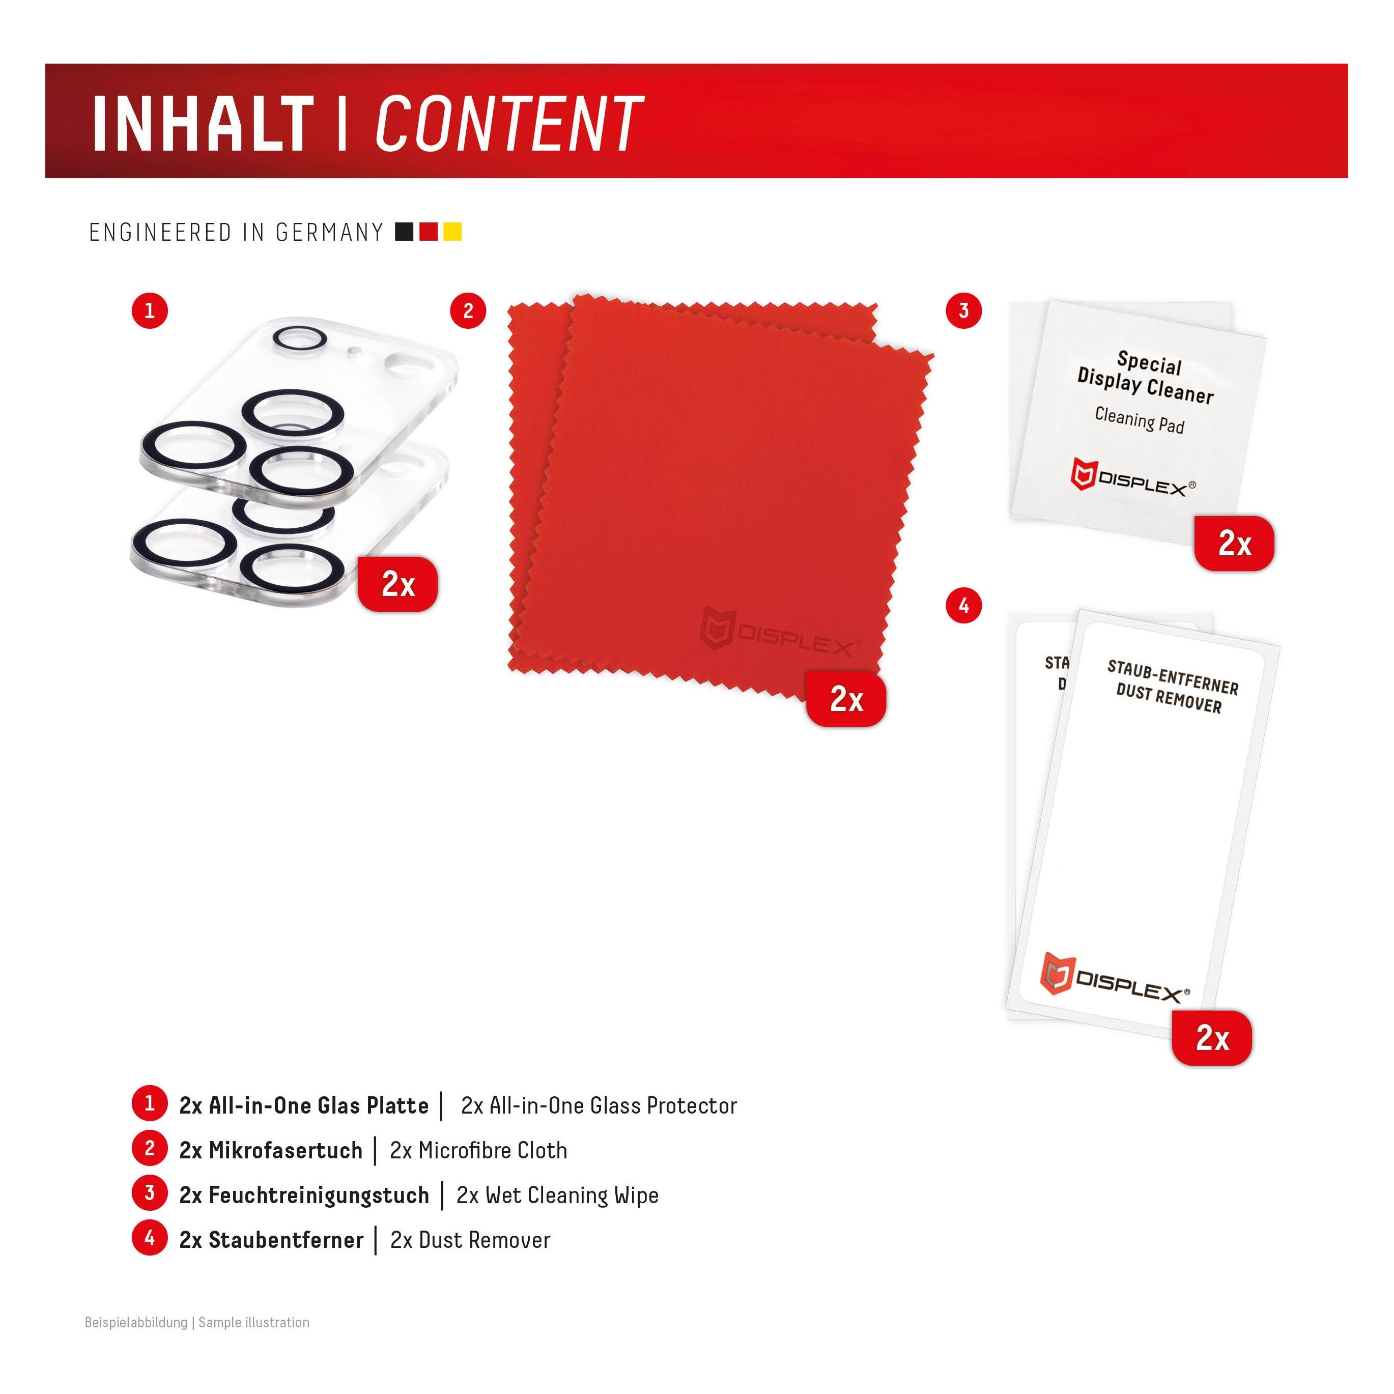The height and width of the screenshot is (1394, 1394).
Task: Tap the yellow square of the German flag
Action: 452,232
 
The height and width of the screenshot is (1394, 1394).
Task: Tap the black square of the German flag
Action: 405,232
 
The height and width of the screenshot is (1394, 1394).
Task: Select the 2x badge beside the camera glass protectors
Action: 397,584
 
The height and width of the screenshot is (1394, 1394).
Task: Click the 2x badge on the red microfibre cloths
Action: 846,698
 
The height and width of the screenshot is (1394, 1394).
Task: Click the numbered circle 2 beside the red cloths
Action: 468,311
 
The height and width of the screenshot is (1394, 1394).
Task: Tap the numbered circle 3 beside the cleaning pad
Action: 964,311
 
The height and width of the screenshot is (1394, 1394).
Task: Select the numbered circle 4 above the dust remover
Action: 964,605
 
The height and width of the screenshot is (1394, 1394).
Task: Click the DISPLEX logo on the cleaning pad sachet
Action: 1132,479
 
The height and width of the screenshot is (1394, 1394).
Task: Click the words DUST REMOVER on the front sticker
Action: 1169,698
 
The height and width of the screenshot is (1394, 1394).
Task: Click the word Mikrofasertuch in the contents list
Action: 286,1150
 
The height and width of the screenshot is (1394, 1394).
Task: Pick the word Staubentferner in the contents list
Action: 287,1240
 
